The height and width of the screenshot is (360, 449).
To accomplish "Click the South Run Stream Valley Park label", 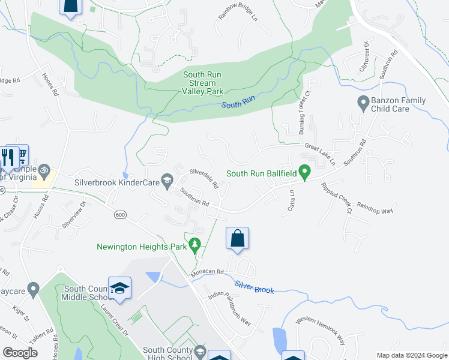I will point(203,83).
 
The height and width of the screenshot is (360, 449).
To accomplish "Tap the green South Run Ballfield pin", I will point(305,173).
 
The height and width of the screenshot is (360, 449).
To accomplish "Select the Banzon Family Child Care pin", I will point(363,103).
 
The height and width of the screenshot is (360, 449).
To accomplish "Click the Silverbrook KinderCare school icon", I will point(167,179).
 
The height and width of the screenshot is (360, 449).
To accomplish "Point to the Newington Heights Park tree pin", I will point(194,245).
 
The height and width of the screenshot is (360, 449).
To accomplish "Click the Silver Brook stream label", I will point(255,287).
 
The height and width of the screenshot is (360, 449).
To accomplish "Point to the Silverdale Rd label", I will point(204,178).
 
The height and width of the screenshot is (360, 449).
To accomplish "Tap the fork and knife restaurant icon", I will point(9,157).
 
